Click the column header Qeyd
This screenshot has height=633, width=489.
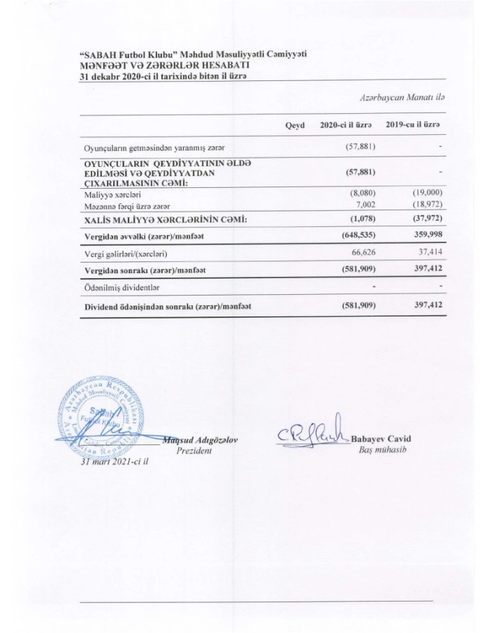pyautogui.click(x=295, y=124)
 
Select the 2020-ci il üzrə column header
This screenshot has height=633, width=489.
pyautogui.click(x=344, y=124)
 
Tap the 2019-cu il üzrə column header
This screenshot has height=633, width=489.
pyautogui.click(x=416, y=124)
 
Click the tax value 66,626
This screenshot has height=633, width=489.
pyautogui.click(x=364, y=252)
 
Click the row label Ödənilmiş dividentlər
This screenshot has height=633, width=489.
pyautogui.click(x=119, y=286)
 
